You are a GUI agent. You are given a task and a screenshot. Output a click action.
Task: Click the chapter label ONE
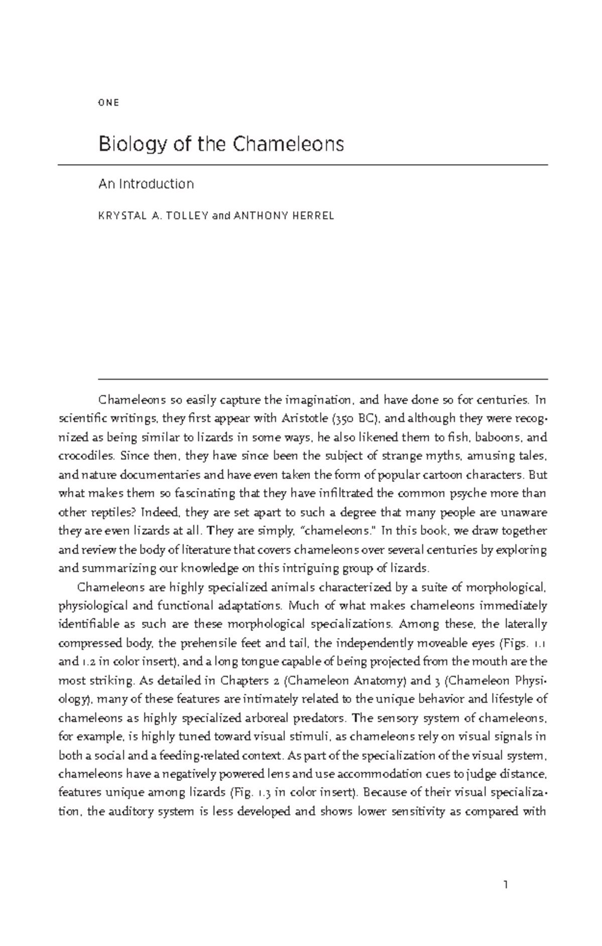click(x=109, y=103)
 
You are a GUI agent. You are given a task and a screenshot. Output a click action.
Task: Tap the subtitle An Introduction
click(x=146, y=184)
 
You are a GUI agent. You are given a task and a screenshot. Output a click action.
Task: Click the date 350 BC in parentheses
click(x=356, y=418)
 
